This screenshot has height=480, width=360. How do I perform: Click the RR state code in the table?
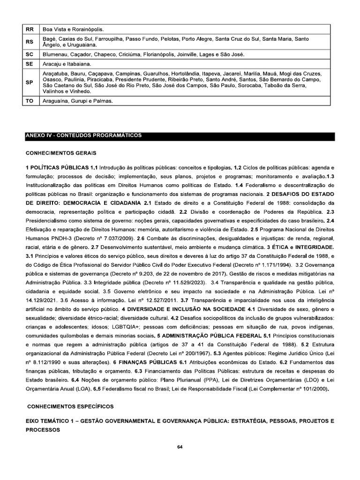30,29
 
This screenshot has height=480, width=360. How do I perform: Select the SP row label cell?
30,82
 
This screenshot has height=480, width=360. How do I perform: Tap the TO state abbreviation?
30,101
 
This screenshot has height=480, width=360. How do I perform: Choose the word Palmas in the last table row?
103,101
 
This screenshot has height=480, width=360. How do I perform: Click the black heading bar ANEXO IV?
180,136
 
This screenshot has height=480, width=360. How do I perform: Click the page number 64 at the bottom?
180,446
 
